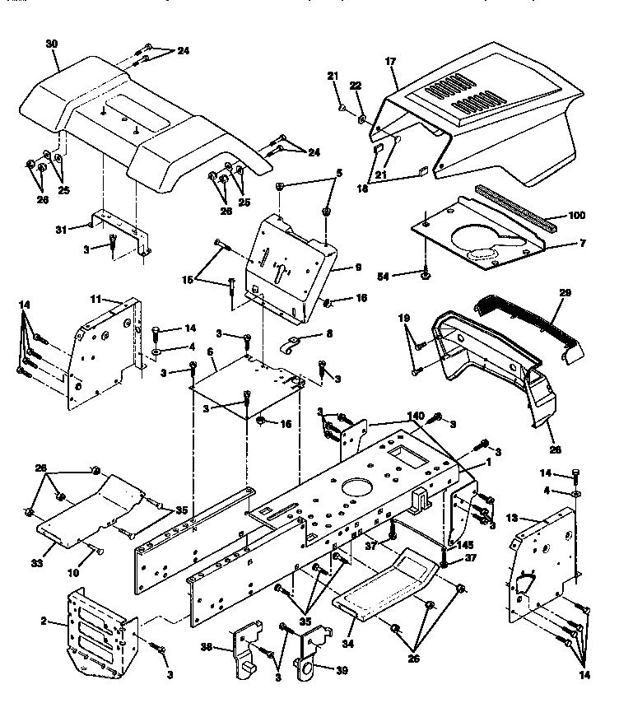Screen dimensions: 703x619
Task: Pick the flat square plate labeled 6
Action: (247, 387)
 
